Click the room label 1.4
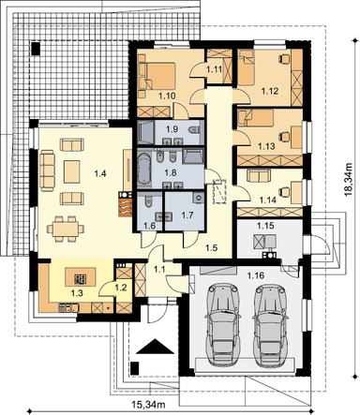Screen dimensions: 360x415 pos(100,173)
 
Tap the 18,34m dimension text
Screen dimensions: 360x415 pos(348,180)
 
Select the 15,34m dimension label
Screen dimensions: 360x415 pos(148,406)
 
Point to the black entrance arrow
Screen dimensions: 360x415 pos(155,347)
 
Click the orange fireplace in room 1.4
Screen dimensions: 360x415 pos(125,204)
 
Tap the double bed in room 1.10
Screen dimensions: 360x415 pos(157,77)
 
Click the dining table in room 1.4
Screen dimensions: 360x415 pos(66,229)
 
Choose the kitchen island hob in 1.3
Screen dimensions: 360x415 pos(81,278)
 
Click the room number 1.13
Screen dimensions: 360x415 pos(266,146)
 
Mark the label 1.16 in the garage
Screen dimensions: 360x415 pos(255,275)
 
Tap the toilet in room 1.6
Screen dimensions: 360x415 pos(148,201)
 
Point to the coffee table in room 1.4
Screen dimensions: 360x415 pos(72,171)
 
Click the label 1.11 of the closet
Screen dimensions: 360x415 pos(214,69)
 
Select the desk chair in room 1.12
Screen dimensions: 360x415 pos(283,58)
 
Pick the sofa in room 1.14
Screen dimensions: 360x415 pos(258,175)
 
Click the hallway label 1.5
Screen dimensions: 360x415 pos(212,247)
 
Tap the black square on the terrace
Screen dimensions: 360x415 pos(36,49)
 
